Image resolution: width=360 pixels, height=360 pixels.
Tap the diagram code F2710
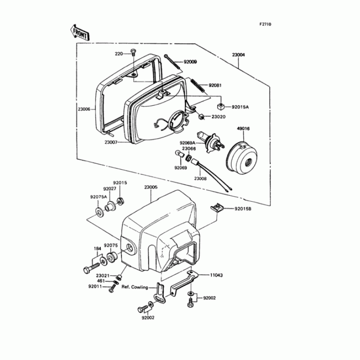265,24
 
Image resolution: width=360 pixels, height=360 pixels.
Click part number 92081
191,85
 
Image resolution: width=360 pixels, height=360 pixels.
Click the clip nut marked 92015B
216,208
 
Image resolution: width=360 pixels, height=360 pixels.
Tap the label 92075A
98,197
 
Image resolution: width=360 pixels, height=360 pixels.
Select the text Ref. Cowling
135,287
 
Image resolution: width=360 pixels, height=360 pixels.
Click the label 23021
103,275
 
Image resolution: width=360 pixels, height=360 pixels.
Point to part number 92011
95,286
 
